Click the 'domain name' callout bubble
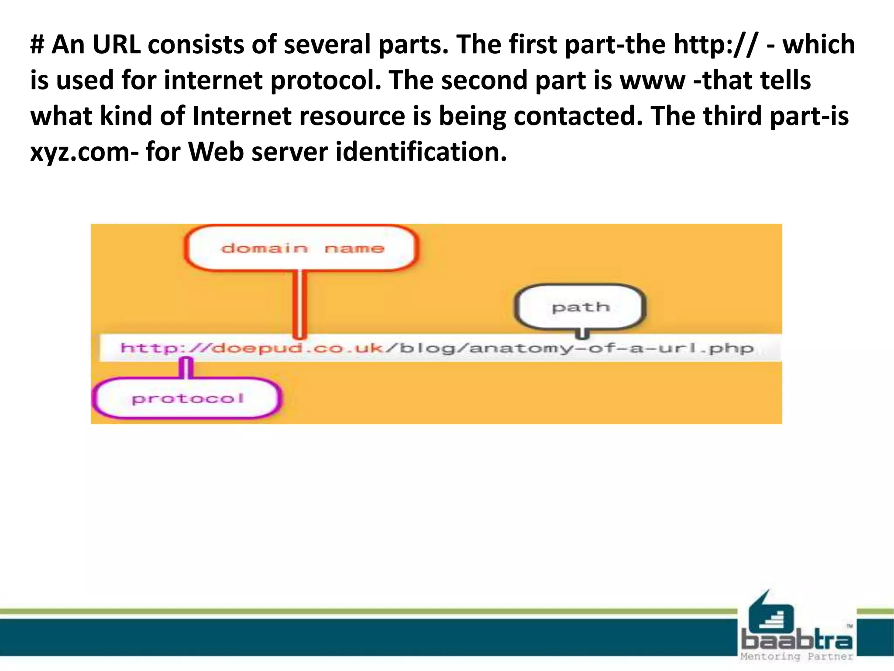click(301, 248)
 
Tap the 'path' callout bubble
click(580, 307)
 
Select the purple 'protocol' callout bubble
click(187, 398)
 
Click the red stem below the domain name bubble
click(299, 304)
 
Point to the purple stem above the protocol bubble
click(186, 368)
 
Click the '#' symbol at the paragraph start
click(38, 45)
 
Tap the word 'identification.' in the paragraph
click(421, 152)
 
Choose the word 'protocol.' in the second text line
click(326, 80)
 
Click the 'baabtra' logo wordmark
click(797, 640)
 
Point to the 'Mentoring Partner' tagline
click(797, 656)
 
